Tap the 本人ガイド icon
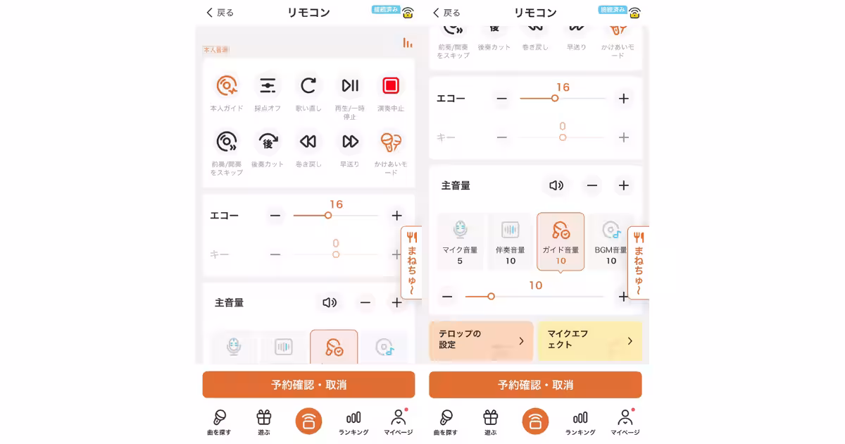tap(227, 86)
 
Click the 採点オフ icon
tap(268, 86)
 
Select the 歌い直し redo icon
tap(308, 86)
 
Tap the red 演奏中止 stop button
tap(390, 86)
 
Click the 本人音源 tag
tap(216, 50)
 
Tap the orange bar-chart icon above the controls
tap(408, 43)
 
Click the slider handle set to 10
tap(491, 297)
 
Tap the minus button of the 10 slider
tap(447, 297)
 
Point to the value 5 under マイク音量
tap(460, 261)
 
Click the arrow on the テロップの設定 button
tap(521, 341)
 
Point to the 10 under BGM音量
tap(611, 261)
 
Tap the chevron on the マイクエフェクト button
tap(630, 341)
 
